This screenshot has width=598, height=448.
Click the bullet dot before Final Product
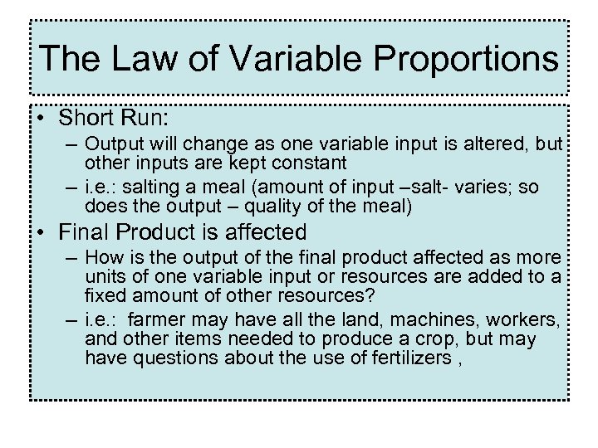(41, 233)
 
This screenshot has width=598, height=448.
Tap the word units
(105, 275)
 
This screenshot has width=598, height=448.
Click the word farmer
(156, 320)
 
